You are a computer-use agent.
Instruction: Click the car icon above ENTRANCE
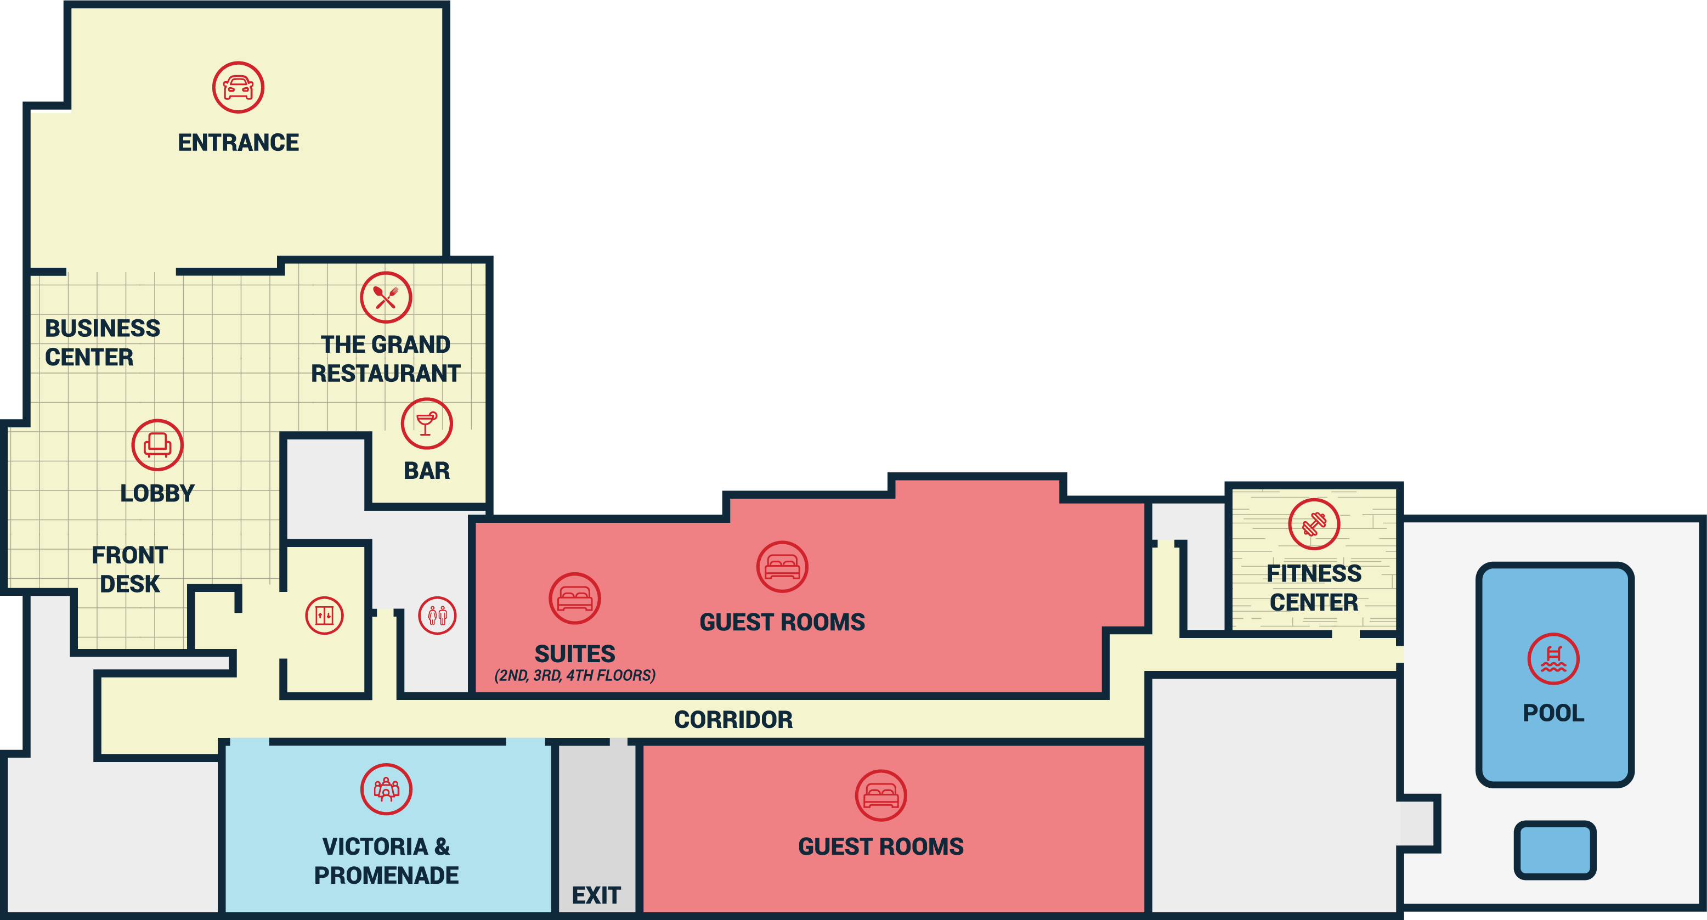[x=239, y=87]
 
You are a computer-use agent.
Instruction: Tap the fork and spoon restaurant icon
[x=386, y=297]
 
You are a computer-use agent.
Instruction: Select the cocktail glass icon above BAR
[x=427, y=424]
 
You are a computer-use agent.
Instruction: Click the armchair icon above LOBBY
[x=157, y=445]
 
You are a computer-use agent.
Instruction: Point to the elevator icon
[x=324, y=616]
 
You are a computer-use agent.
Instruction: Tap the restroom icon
[x=437, y=616]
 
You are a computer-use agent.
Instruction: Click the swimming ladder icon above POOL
[x=1553, y=659]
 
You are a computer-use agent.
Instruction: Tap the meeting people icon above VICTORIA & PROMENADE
[x=386, y=789]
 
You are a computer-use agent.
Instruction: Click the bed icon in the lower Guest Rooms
[x=881, y=795]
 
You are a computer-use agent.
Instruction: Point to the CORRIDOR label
[x=733, y=720]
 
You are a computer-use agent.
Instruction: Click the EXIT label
[x=596, y=895]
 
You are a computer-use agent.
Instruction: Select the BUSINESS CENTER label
[x=103, y=343]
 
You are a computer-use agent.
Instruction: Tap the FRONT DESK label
[x=130, y=569]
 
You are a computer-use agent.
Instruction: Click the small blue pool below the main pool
[x=1555, y=850]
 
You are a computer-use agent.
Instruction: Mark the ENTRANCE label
[x=239, y=143]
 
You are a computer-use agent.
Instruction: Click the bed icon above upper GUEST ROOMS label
[x=783, y=567]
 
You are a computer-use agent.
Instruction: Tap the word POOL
[x=1553, y=713]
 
